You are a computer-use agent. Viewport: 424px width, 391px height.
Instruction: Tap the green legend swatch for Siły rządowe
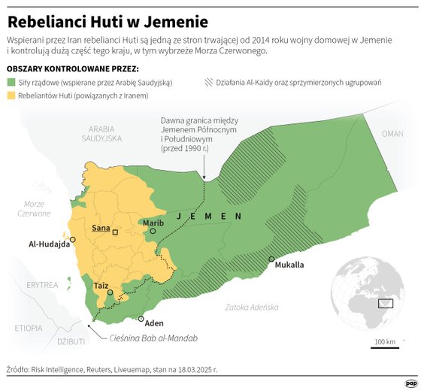coord(11,82)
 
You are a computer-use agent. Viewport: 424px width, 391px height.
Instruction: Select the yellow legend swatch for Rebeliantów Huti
coord(11,95)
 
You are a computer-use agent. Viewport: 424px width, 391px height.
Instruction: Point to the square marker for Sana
coord(115,233)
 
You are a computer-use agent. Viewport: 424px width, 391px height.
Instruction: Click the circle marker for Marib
coord(153,232)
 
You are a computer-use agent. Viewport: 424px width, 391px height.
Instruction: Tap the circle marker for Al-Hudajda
coord(73,238)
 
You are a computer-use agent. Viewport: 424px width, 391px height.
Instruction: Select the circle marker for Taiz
coord(110,292)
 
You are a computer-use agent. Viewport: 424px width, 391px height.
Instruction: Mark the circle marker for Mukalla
coord(271,259)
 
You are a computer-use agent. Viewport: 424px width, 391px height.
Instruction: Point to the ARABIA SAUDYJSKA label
coord(101,134)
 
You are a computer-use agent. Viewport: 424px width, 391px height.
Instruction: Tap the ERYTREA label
coord(41,285)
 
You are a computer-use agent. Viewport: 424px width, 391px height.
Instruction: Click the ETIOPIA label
coord(28,328)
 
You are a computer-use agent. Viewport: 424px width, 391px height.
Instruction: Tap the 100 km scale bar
coord(385,345)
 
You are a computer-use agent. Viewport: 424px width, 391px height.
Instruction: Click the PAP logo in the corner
coord(411,382)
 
